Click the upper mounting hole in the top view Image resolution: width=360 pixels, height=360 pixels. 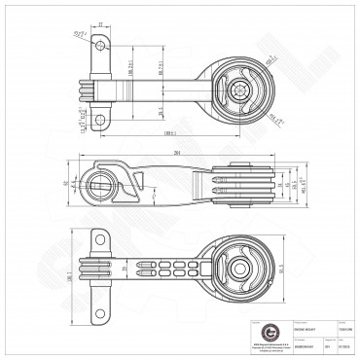(x=99, y=44)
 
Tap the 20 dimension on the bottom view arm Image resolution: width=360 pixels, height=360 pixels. (x=125, y=266)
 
